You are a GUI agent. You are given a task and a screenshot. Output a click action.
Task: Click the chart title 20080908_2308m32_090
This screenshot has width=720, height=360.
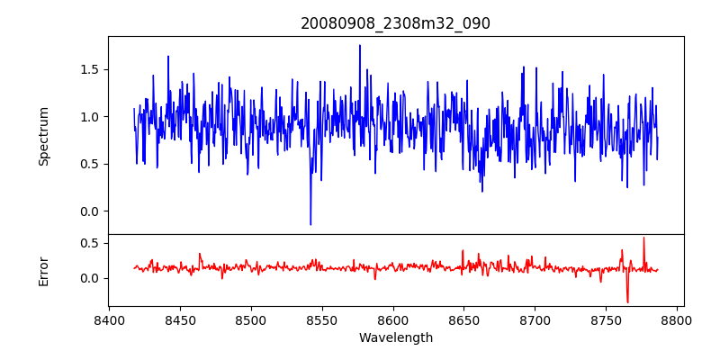(395, 23)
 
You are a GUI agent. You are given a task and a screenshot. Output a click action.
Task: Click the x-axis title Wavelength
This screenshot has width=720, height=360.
(395, 338)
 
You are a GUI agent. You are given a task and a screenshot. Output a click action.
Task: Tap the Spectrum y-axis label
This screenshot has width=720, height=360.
(44, 136)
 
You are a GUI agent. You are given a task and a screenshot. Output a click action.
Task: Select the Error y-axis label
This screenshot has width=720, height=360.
(44, 271)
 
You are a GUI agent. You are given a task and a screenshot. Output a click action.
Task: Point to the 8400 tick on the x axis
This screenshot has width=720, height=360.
(109, 319)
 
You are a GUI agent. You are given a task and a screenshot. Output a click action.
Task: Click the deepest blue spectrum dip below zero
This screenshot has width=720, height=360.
(310, 224)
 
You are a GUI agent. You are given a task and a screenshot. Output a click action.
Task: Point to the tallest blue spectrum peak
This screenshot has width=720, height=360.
(360, 46)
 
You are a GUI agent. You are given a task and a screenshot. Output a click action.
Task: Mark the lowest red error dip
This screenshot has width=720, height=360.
(627, 301)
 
